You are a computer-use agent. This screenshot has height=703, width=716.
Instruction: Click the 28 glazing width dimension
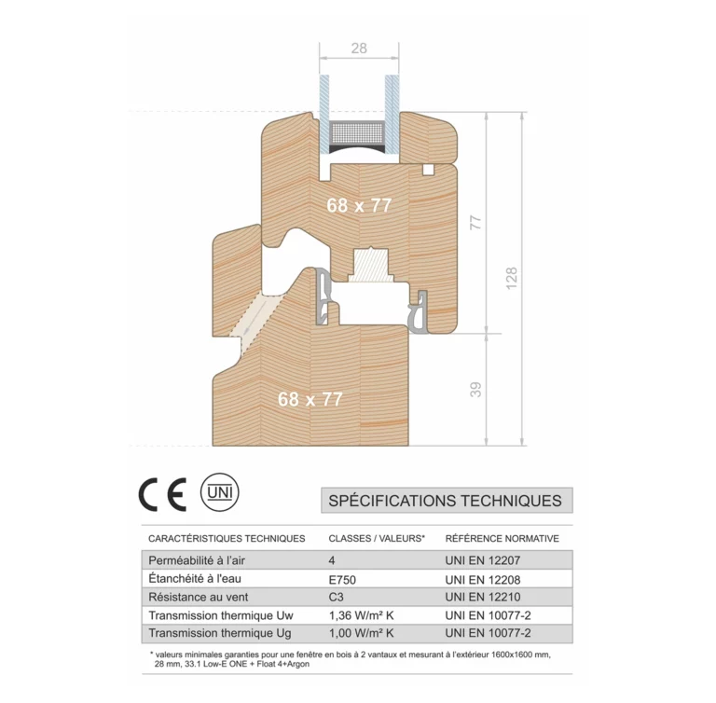(x=359, y=48)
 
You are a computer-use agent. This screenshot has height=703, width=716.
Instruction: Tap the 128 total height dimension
(x=512, y=278)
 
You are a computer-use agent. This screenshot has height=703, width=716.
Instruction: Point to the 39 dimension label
(x=475, y=389)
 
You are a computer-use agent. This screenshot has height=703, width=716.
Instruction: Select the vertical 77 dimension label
(x=475, y=223)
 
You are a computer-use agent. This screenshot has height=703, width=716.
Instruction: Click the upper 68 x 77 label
(x=359, y=205)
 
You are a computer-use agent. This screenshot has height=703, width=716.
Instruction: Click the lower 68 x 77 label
(x=310, y=399)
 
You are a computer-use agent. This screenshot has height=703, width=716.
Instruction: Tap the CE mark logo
(x=163, y=494)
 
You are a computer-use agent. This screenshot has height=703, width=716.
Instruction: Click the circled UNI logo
(x=220, y=492)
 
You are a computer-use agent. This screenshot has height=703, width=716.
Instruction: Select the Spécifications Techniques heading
(x=446, y=501)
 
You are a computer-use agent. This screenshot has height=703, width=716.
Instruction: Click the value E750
(x=342, y=580)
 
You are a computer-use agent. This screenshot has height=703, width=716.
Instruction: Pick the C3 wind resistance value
(x=336, y=597)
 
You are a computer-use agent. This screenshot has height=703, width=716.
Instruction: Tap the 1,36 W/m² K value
(x=361, y=615)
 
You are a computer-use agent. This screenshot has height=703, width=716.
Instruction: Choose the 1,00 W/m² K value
(x=361, y=633)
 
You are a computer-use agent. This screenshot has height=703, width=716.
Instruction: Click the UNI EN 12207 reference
(x=483, y=560)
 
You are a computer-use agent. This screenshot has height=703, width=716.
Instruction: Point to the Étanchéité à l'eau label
(x=195, y=579)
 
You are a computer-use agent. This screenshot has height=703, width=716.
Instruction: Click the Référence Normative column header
(x=502, y=539)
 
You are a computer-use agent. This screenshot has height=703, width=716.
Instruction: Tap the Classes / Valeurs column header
(x=377, y=539)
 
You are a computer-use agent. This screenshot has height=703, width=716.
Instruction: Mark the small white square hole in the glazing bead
(x=428, y=170)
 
